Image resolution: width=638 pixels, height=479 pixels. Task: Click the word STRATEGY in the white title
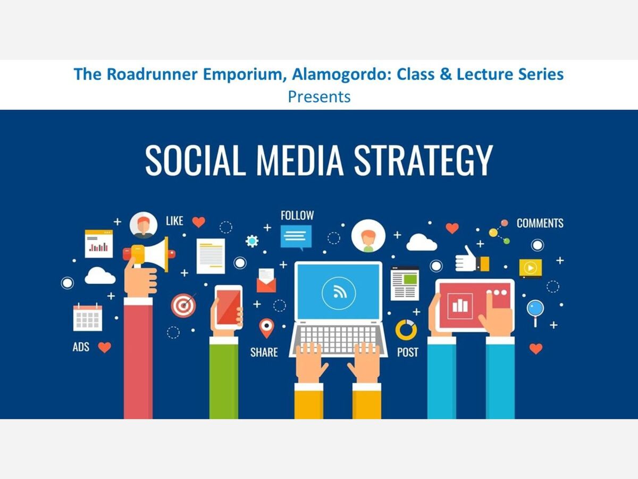pos(423,161)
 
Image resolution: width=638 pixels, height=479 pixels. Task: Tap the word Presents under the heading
pos(319,97)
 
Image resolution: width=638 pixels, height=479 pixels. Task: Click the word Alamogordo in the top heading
pos(340,74)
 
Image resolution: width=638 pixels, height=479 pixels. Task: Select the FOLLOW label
pos(297,216)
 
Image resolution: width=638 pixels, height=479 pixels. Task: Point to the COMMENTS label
pos(540,223)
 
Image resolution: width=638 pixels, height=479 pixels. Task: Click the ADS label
pos(81,346)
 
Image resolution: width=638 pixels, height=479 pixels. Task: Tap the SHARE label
pos(264,352)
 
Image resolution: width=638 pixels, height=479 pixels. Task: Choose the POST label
pos(407,352)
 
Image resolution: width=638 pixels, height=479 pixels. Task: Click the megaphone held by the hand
pos(149,254)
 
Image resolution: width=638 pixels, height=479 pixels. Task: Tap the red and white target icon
pos(183,305)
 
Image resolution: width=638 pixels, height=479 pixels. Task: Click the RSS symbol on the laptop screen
pos(339,292)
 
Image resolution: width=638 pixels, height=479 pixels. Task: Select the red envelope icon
pos(266,280)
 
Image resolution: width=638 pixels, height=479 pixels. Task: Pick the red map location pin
pos(266,328)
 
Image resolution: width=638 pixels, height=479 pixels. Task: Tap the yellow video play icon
pos(531,268)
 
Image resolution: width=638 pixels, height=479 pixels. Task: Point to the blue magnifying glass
pos(535,312)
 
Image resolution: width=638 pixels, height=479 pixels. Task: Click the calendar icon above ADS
pos(88,317)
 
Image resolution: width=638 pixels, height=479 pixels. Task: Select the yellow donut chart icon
pos(406,330)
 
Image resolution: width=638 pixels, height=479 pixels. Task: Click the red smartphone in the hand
pos(229,308)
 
